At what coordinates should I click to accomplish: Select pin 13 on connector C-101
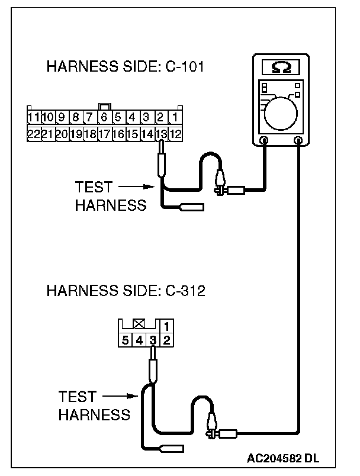[161, 134]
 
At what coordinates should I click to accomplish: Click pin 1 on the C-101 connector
[175, 117]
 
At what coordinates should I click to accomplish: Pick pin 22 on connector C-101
[34, 134]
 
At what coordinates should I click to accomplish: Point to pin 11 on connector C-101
[34, 117]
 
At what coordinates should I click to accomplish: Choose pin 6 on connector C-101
[104, 117]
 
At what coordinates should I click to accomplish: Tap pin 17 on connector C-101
[104, 134]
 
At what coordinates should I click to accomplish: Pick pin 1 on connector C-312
[167, 326]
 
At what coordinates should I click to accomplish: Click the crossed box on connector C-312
[139, 324]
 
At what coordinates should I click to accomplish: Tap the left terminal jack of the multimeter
[264, 141]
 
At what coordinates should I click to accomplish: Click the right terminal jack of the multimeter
[299, 141]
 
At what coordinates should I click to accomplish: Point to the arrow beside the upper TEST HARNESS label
[130, 188]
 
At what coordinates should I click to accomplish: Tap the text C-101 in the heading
[182, 66]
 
